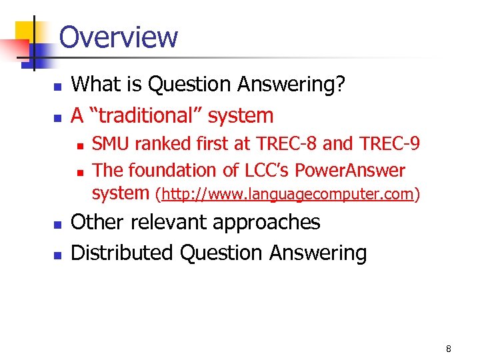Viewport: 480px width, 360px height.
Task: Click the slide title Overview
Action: point(119,37)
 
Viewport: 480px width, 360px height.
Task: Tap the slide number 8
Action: point(449,349)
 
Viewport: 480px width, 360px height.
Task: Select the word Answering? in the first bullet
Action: point(299,85)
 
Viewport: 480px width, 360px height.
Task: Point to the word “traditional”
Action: point(143,115)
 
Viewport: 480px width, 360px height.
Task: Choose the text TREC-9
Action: point(390,144)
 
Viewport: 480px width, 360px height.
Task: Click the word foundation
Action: point(174,171)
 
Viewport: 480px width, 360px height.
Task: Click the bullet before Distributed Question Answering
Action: point(57,255)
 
